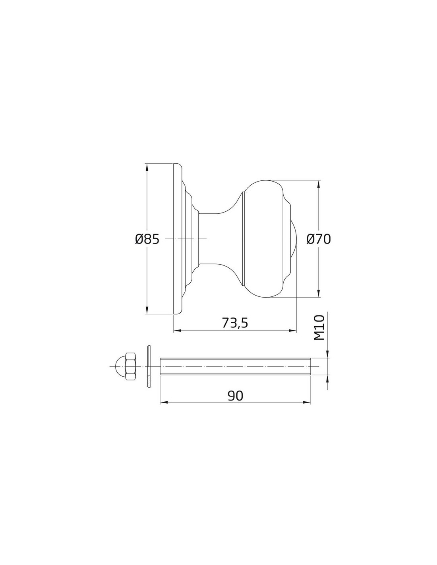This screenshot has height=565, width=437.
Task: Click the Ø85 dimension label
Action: pyautogui.click(x=147, y=239)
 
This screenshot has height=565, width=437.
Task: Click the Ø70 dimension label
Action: pyautogui.click(x=319, y=239)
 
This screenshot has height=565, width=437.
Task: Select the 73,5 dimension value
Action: pyautogui.click(x=235, y=323)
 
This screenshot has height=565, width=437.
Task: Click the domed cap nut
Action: pyautogui.click(x=126, y=366)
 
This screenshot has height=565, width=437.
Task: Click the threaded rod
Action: pyautogui.click(x=235, y=366)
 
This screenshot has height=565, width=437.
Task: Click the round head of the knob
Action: pyautogui.click(x=267, y=239)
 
